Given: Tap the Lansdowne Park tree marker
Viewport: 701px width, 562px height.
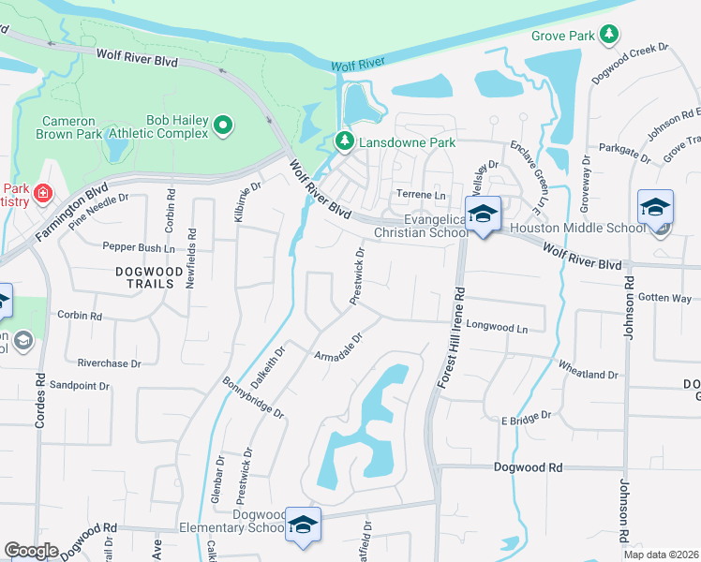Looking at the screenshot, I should coord(345,142).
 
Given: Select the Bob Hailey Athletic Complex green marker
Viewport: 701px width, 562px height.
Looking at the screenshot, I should coord(223,126).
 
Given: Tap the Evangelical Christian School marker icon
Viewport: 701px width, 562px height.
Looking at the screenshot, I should coord(483,214).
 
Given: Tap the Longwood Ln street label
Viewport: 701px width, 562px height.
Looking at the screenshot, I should coord(497,329).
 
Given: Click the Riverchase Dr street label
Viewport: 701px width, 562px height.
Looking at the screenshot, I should coord(109,362).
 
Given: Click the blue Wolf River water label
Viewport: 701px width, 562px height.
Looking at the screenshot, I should coord(358,65).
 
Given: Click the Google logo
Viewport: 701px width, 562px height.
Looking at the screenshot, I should coord(31,551).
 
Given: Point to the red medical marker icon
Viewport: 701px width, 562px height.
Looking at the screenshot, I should coord(42,194).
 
